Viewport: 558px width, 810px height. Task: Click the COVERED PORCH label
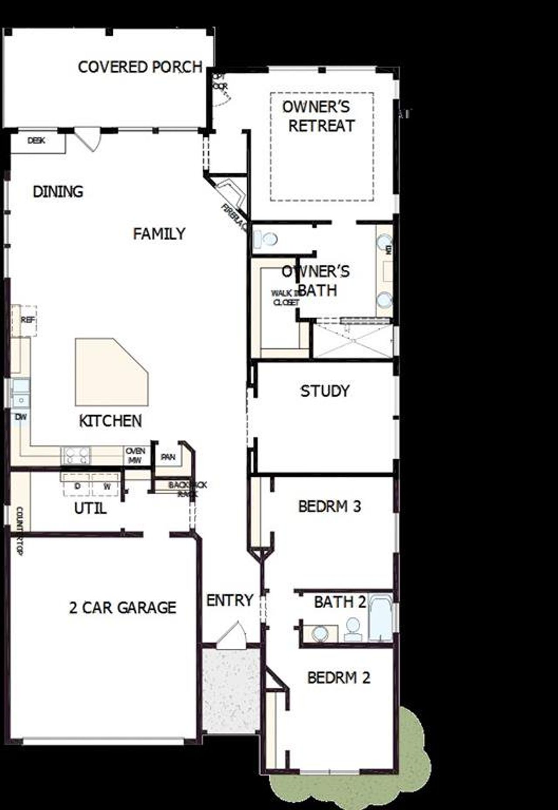140,67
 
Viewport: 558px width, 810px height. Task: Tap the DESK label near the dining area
36,141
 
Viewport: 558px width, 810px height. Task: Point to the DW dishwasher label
21,417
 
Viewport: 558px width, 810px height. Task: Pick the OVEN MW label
135,456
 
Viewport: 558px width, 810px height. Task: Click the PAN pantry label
168,457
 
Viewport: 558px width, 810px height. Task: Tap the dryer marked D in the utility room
77,486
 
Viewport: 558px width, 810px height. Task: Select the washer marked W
106,486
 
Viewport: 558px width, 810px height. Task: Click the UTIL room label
90,508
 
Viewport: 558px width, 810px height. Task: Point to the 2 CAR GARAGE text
122,607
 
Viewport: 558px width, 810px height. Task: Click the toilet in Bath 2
353,628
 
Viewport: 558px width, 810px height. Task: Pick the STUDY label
325,391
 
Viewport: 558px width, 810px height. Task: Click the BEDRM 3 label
330,506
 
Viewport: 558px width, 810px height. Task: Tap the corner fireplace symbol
231,192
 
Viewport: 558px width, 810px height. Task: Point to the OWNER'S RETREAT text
321,116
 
